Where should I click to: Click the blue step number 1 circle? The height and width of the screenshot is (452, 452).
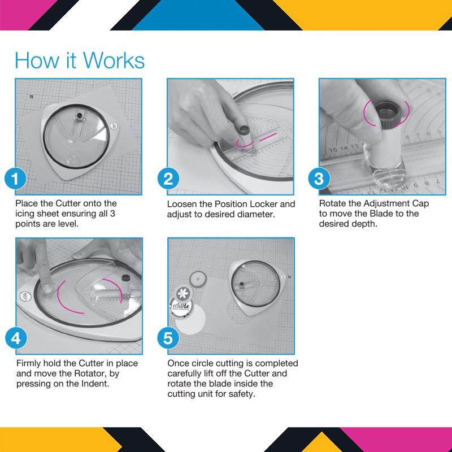coord(16,179)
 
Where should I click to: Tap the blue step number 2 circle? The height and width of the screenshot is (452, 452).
coord(168,179)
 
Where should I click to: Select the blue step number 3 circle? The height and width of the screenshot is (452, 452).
coord(319,179)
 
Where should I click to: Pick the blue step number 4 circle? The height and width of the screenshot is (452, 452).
coord(16,338)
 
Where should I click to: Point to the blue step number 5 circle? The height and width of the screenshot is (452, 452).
coord(168,338)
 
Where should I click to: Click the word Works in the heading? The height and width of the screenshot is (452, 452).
coord(114,60)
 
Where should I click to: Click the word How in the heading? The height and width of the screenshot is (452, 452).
coord(37,60)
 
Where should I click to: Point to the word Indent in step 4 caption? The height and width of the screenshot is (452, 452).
coord(95,384)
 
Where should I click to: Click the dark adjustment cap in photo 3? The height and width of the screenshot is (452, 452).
coord(389,114)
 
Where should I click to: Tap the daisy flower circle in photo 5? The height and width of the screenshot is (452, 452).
coord(183,293)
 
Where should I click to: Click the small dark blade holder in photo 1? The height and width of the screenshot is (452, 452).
coord(79,116)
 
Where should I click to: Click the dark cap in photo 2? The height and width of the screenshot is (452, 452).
coord(244,130)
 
